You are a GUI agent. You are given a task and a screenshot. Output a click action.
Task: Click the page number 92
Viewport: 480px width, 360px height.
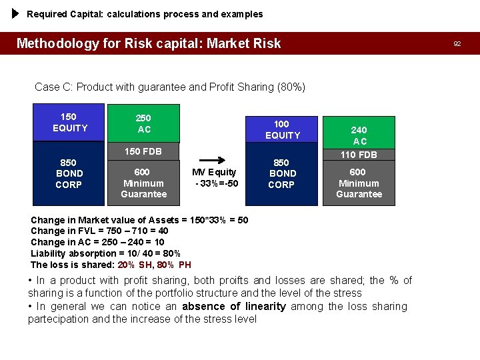tap(457, 43)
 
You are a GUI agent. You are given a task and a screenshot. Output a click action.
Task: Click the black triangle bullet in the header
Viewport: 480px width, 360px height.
tap(16, 13)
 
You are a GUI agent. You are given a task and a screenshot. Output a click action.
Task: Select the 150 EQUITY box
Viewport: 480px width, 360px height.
tap(69, 123)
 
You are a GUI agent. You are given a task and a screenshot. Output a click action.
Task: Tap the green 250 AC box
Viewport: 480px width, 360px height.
tap(143, 123)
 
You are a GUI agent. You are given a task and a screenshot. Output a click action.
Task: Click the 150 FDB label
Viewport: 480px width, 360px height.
tap(143, 151)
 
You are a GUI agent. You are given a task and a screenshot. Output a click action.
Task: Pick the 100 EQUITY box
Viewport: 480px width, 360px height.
tap(283, 130)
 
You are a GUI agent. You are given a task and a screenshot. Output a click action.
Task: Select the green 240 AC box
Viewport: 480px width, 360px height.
tap(359, 135)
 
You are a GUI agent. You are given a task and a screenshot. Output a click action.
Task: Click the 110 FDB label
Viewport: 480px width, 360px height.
tap(359, 155)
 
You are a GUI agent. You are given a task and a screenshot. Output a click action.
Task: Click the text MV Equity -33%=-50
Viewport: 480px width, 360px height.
tap(215, 177)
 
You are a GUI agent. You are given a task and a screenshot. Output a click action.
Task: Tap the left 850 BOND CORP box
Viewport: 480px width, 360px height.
tap(69, 173)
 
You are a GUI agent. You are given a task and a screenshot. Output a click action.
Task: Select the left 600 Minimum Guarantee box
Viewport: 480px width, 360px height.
tap(143, 183)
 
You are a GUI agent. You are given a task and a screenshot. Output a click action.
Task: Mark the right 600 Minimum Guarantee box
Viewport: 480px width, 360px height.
tap(359, 183)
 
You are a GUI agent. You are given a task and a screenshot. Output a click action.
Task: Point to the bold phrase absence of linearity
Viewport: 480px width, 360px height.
tap(233, 307)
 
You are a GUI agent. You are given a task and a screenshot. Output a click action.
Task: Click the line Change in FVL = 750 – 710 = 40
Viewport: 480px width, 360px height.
tap(99, 231)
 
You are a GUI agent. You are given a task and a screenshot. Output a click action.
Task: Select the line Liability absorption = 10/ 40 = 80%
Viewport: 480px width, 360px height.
tap(105, 253)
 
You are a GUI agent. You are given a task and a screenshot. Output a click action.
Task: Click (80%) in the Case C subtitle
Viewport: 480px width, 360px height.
tap(291, 87)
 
